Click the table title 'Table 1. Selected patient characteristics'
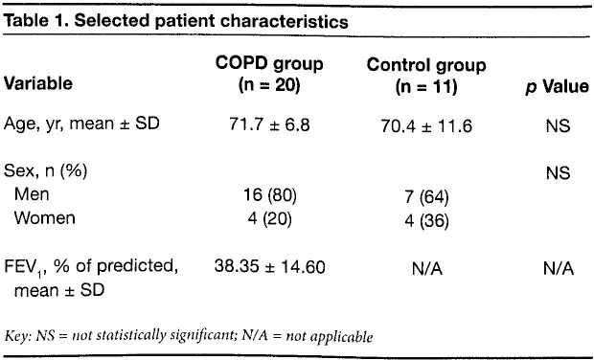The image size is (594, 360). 176,21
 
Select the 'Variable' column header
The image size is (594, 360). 38,83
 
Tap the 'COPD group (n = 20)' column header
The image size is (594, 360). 269,74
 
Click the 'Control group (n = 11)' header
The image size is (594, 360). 426,76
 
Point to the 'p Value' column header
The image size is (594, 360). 558,87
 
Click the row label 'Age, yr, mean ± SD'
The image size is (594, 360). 81,124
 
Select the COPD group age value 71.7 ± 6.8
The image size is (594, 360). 269,124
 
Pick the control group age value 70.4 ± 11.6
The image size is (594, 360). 426,126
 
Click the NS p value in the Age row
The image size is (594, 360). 558,126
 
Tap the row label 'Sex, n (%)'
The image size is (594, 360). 45,171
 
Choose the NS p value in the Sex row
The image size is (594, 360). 558,173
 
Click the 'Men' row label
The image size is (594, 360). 32,194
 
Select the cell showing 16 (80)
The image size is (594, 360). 270,195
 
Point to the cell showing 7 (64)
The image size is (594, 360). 427,197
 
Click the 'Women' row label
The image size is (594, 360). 45,218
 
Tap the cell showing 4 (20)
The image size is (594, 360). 270,219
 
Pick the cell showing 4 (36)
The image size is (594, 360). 427,221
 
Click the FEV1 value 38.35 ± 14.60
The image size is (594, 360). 270,266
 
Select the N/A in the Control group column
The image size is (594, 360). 427,269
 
